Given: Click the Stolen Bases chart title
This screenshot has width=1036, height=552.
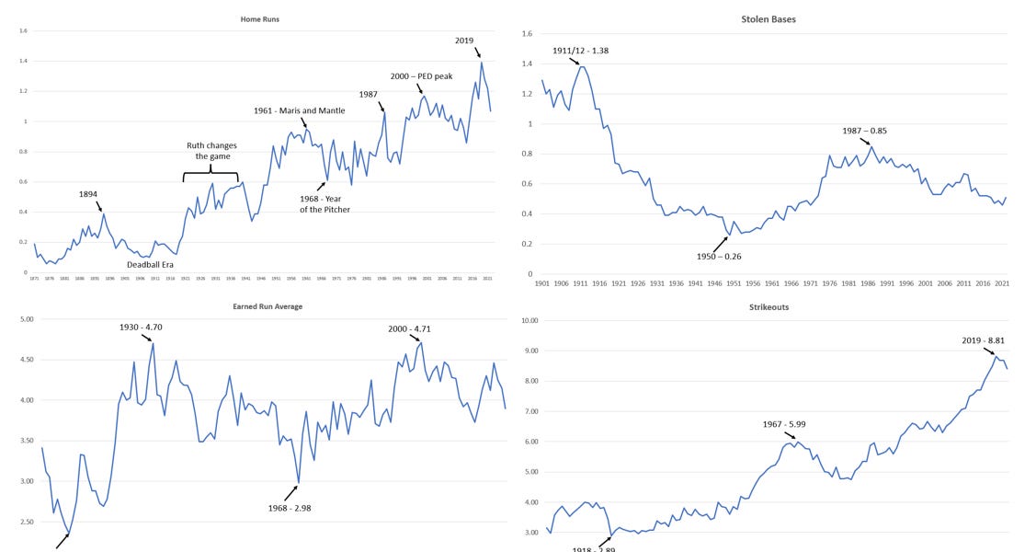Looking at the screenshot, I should click(x=768, y=18).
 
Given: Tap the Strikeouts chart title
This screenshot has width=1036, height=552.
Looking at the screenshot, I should click(x=768, y=306).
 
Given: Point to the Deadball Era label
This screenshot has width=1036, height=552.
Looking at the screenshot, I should click(x=151, y=263).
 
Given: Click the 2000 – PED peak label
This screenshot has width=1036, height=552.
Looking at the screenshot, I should click(x=421, y=76).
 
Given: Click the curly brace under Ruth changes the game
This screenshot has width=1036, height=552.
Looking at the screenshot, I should click(x=211, y=176).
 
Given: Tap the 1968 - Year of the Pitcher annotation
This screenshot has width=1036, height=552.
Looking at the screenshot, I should click(x=324, y=202).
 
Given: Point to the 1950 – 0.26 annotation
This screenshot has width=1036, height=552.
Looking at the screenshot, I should click(x=720, y=256).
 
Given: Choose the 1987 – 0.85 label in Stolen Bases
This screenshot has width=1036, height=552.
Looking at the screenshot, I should click(x=865, y=131).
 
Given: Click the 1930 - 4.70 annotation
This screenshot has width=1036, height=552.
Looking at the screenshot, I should click(x=141, y=327).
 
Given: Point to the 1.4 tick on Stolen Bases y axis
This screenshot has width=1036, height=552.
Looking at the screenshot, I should click(x=528, y=63).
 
